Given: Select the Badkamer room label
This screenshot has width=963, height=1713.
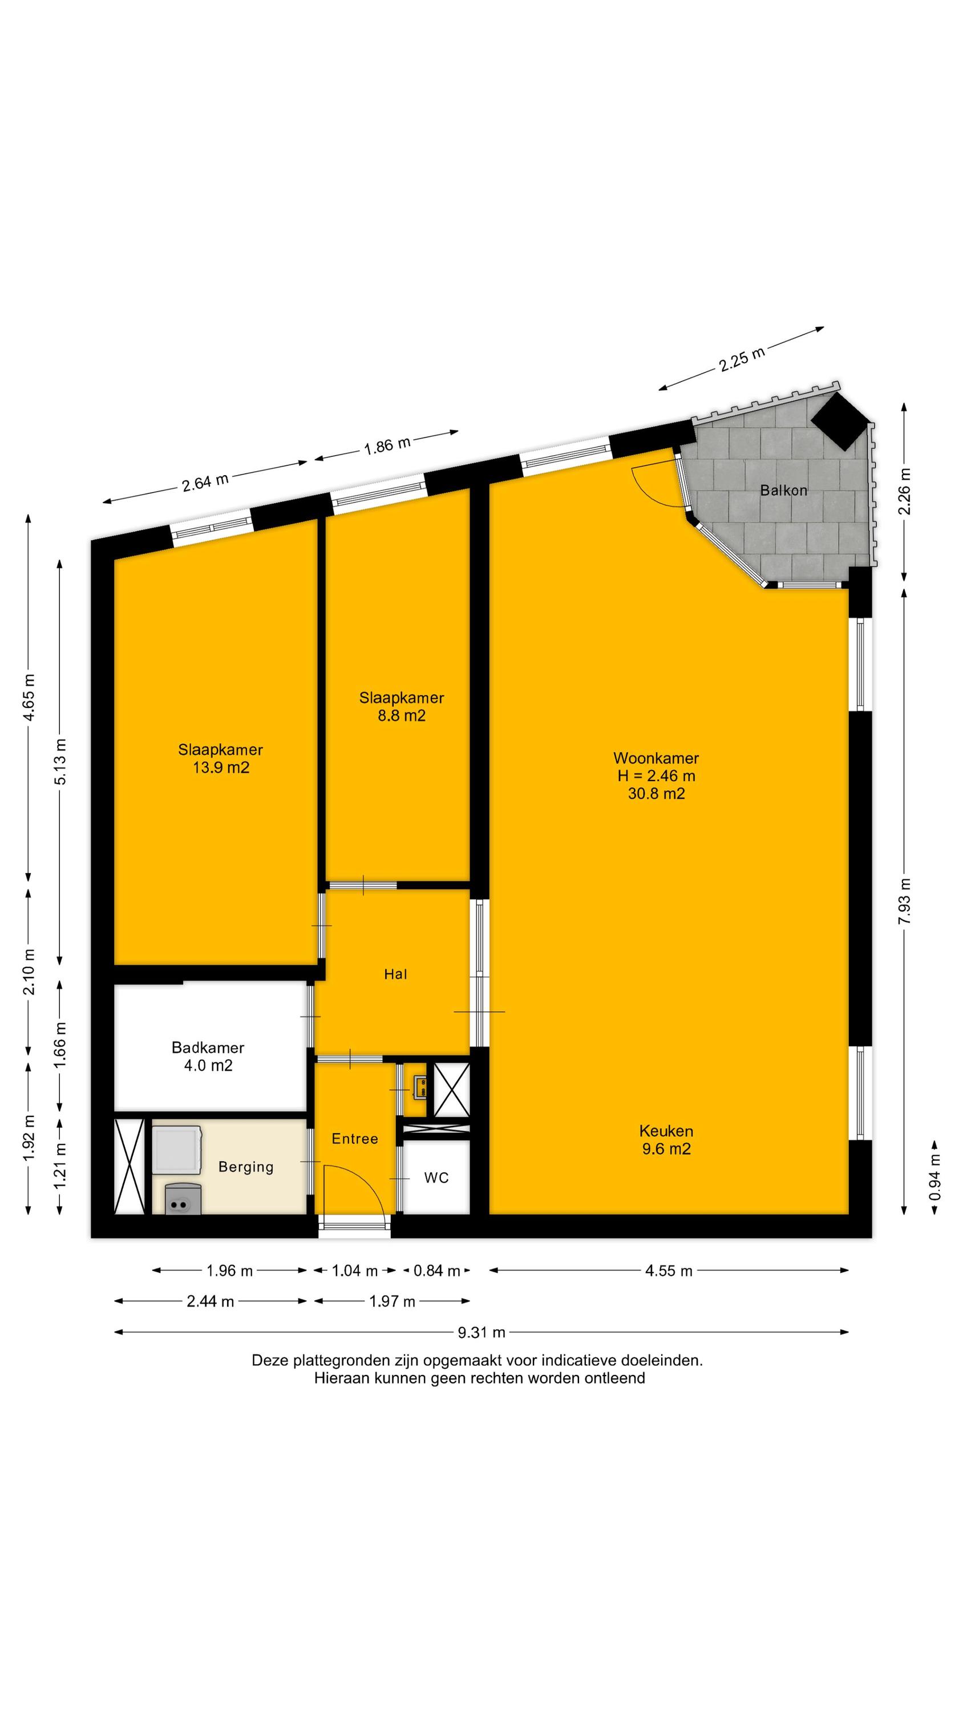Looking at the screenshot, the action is [208, 1047].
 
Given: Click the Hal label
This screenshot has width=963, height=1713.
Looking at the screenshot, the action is [395, 974].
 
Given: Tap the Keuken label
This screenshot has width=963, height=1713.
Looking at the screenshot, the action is [666, 1131].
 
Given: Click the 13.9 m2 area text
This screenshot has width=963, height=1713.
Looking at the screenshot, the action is [221, 767].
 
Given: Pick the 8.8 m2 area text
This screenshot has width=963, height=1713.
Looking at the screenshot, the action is [402, 715].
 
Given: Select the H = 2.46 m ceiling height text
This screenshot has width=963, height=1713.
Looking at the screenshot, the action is [656, 775].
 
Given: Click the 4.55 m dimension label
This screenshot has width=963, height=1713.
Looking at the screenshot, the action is [669, 1271].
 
